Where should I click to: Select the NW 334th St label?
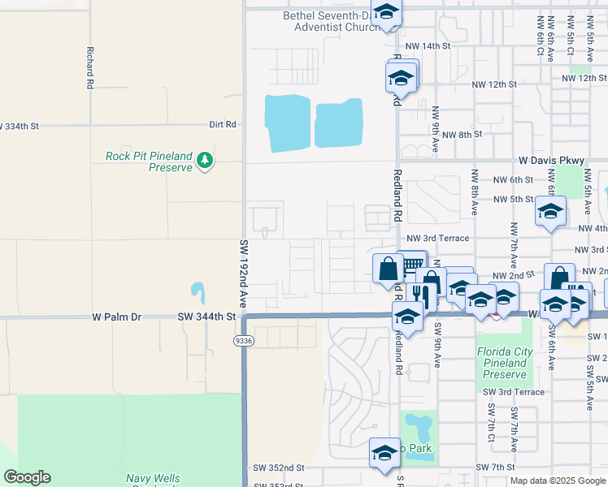point(20,126)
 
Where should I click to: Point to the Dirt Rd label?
point(222,125)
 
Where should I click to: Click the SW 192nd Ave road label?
point(244,272)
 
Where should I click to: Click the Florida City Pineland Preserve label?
point(505,363)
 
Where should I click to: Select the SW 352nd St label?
point(278,468)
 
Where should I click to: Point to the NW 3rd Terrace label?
point(438,238)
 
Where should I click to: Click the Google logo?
point(27,477)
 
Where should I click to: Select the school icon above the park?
point(384,452)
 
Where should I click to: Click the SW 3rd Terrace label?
point(514,392)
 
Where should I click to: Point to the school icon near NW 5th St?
point(550,211)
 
